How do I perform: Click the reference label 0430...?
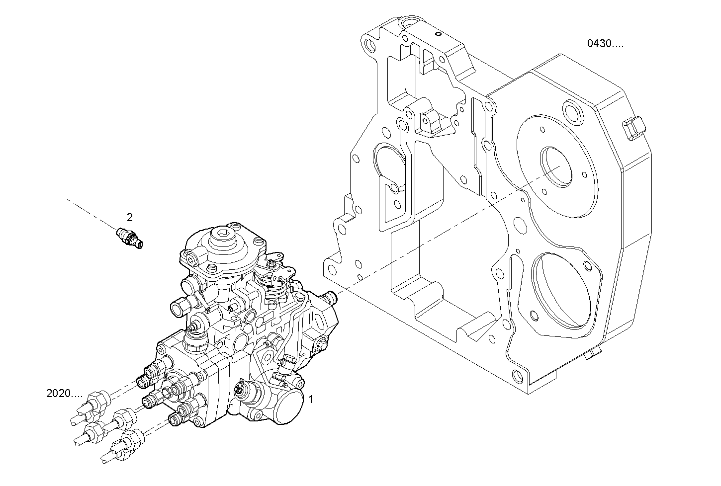[605, 44]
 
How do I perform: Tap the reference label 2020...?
[64, 394]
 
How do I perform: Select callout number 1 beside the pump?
[311, 399]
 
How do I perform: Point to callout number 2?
[130, 217]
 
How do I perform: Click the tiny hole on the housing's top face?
[438, 34]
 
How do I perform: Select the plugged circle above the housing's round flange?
[572, 113]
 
